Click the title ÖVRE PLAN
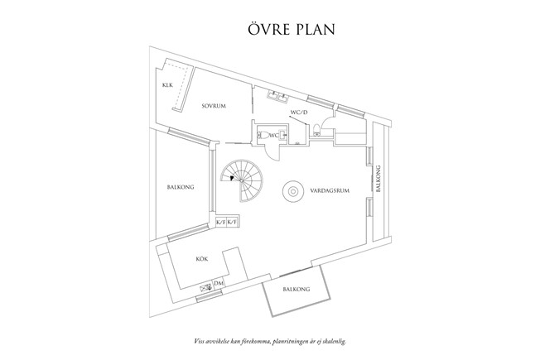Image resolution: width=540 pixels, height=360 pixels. click(x=270, y=31)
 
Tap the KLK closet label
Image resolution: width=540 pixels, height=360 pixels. click(x=167, y=85)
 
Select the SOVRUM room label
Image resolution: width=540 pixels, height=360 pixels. click(x=214, y=105)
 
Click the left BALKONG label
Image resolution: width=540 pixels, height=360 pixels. click(x=180, y=188)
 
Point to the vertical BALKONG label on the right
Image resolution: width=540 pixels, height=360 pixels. click(x=378, y=180)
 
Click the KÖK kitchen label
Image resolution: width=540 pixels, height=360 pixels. click(x=201, y=259)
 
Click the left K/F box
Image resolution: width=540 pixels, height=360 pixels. click(x=220, y=223)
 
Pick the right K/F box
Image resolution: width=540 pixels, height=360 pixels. click(x=233, y=223)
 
